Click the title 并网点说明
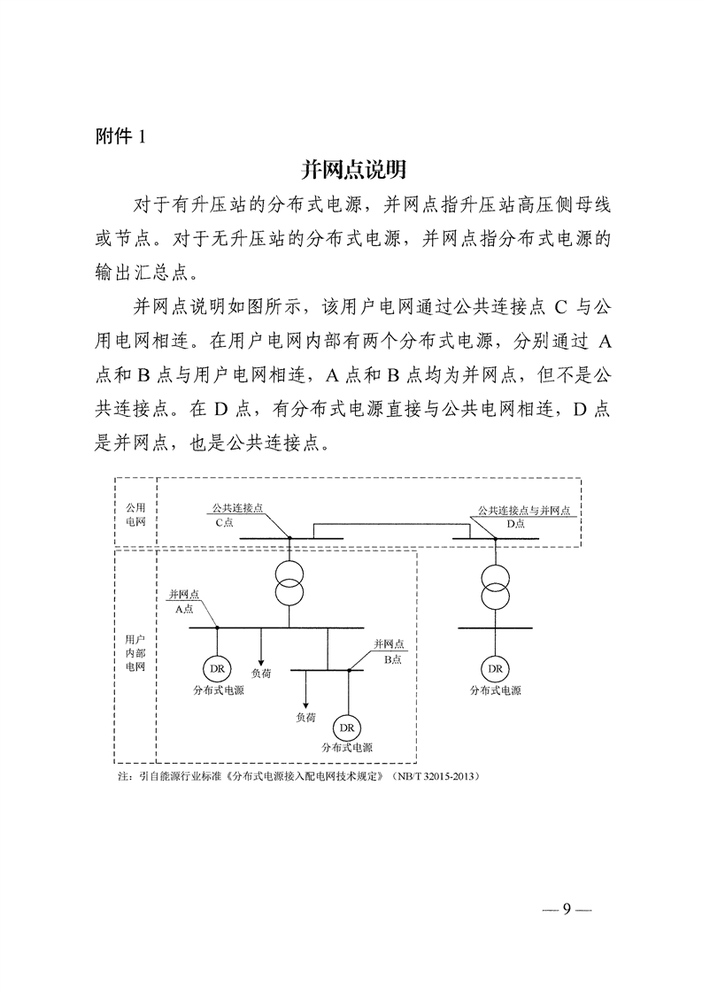(353, 169)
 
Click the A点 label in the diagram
(184, 610)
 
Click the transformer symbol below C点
(289, 581)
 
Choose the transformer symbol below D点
(495, 581)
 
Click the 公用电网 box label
(135, 515)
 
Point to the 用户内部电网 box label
(135, 651)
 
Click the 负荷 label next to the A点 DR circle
(261, 674)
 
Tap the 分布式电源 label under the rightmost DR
(495, 690)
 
